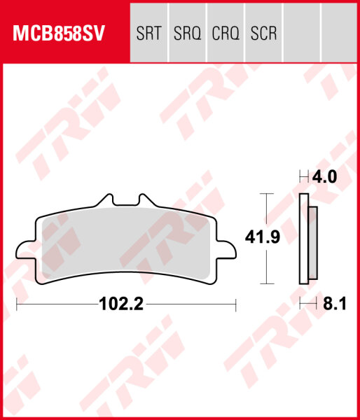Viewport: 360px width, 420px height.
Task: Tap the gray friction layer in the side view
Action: [x=312, y=242]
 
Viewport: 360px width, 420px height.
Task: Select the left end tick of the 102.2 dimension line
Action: [x=16, y=304]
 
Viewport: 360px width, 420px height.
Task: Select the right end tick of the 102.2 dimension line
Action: [x=236, y=304]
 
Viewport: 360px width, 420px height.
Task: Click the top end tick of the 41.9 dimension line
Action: [x=265, y=193]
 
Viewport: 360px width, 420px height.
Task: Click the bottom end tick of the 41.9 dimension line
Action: [x=265, y=283]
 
